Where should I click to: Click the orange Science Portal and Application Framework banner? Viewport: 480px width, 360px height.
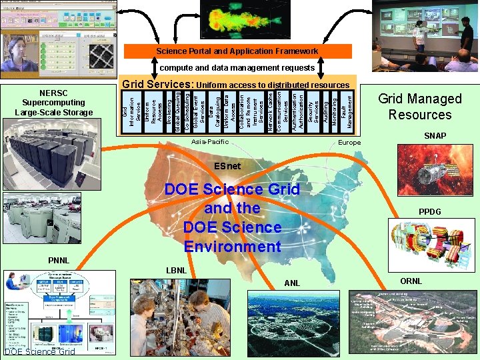[237, 51]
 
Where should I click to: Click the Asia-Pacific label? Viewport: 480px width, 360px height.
[209, 142]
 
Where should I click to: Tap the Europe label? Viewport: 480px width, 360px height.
[349, 143]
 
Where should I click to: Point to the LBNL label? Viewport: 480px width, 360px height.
[175, 270]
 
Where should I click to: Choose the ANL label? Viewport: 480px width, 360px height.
[292, 283]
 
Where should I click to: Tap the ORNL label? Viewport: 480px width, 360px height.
[411, 281]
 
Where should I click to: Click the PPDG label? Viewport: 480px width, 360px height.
[430, 212]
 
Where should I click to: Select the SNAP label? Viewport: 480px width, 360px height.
[435, 136]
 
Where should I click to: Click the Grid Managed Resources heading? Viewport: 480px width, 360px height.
[419, 107]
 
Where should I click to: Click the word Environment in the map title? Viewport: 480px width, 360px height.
[232, 247]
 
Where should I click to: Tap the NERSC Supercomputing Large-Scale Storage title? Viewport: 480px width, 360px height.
[53, 102]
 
